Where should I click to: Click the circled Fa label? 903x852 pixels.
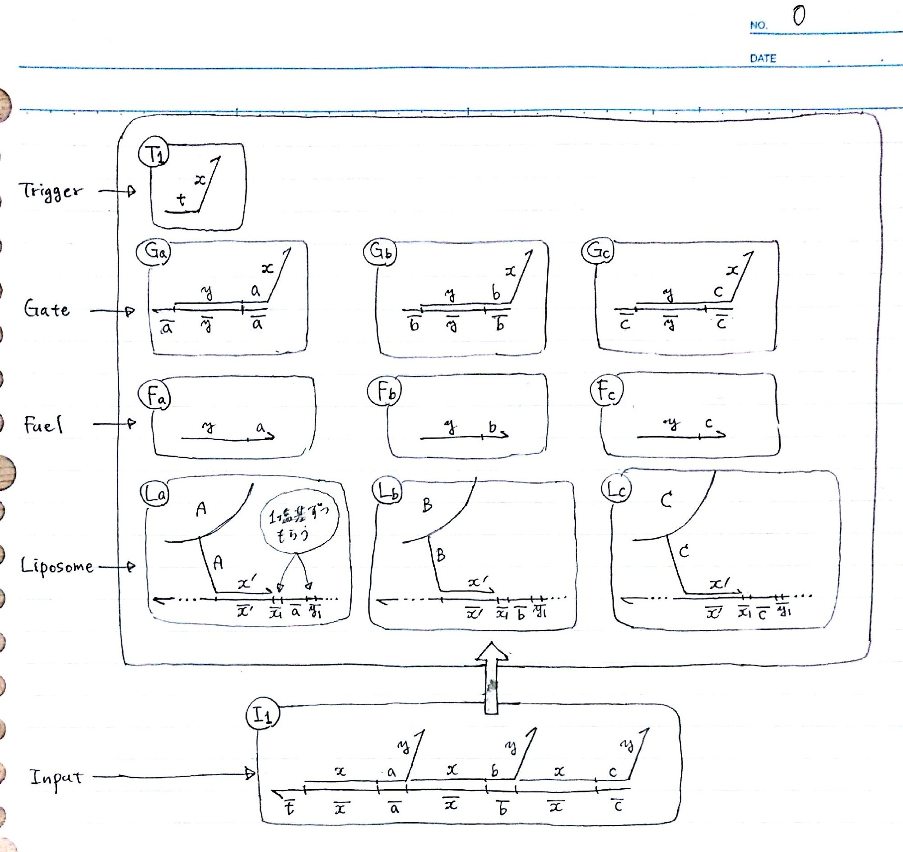pos(155,395)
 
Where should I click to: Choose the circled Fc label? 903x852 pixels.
pos(606,391)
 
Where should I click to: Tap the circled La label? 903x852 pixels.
pos(154,494)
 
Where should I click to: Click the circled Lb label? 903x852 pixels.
pos(386,490)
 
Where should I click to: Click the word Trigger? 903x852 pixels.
pos(51,191)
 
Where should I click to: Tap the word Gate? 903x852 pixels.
pos(47,310)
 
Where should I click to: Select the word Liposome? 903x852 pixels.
pos(57,566)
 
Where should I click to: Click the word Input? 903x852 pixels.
pos(56,778)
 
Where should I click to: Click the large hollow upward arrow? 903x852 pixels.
pos(492,677)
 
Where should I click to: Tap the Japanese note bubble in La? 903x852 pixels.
pos(299,526)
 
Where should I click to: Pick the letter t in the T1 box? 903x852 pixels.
pos(181,200)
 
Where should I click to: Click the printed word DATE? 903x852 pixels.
pos(763,58)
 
